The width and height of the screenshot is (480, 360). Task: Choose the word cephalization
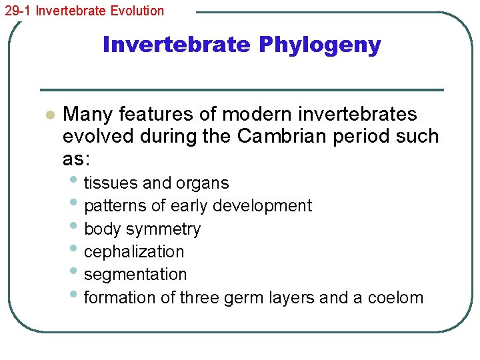point(134,252)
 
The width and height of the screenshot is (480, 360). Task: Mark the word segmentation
point(135,275)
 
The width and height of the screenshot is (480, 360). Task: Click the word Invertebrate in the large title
point(177,45)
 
